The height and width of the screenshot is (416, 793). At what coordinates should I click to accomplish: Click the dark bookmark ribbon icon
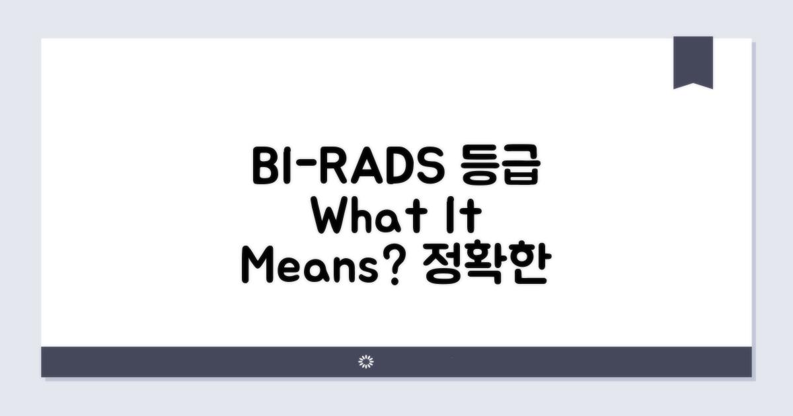(693, 61)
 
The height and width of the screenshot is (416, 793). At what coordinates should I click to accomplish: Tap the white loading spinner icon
(365, 361)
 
